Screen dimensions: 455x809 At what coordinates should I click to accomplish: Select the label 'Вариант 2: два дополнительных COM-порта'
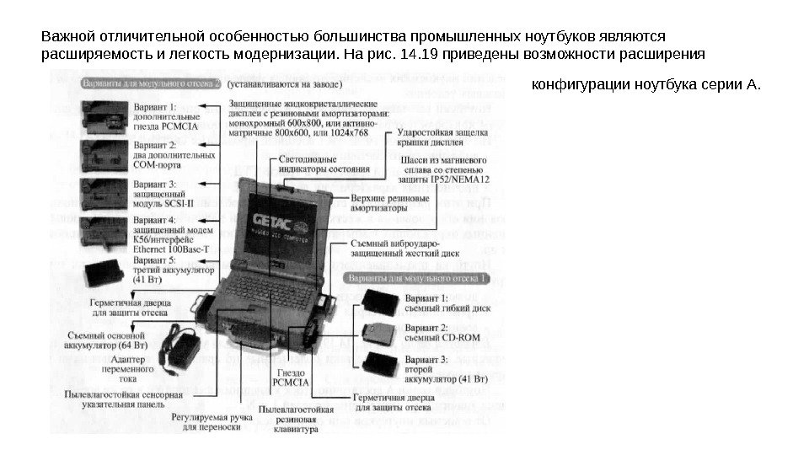[x=174, y=155]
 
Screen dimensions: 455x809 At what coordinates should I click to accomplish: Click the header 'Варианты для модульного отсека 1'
[x=418, y=277]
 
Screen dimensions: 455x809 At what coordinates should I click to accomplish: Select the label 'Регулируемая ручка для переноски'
[x=206, y=421]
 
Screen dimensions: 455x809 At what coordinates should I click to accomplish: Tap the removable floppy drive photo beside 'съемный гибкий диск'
[x=378, y=302]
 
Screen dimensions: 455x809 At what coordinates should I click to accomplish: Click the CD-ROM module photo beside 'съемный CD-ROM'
[x=378, y=332]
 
